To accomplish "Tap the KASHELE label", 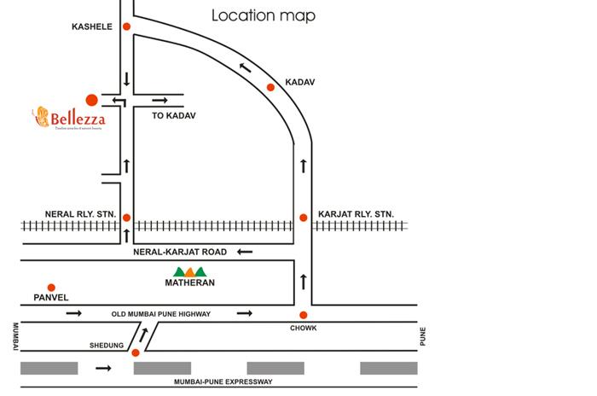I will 91,26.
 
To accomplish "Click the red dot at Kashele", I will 126,26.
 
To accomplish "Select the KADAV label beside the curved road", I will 301,82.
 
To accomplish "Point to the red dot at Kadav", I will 270,87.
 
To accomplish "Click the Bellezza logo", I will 72,118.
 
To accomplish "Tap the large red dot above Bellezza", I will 91,100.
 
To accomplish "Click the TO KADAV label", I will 174,115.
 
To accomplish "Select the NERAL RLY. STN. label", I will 80,213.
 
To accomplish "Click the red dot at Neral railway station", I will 126,218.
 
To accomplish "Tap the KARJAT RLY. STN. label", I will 356,213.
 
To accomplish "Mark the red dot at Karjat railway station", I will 303,218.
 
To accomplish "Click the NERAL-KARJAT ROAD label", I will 180,252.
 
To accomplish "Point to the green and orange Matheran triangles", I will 188,272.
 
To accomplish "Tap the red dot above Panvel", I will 51,288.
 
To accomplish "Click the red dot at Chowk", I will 303,315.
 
